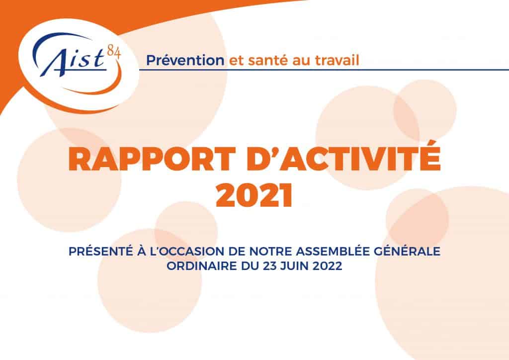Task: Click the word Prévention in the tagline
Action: [185, 60]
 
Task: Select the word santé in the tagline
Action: [268, 60]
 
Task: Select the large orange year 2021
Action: [254, 196]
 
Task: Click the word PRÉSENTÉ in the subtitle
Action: [101, 251]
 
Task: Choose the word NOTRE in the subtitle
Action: [271, 252]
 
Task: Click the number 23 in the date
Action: [269, 266]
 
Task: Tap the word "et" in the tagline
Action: [236, 61]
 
